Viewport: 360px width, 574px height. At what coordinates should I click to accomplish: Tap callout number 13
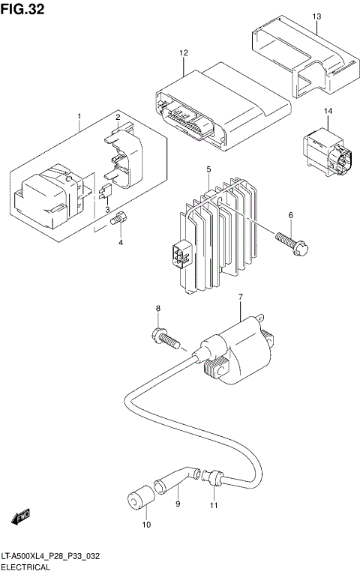click(x=316, y=16)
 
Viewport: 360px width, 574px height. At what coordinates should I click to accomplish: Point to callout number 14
click(x=328, y=112)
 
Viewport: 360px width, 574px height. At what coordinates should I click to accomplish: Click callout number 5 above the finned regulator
click(x=208, y=170)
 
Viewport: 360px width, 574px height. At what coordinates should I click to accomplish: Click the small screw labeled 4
click(x=118, y=220)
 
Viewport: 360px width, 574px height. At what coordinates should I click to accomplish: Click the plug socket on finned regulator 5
click(x=179, y=257)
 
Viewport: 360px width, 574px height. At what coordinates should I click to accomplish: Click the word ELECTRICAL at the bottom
click(x=26, y=568)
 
